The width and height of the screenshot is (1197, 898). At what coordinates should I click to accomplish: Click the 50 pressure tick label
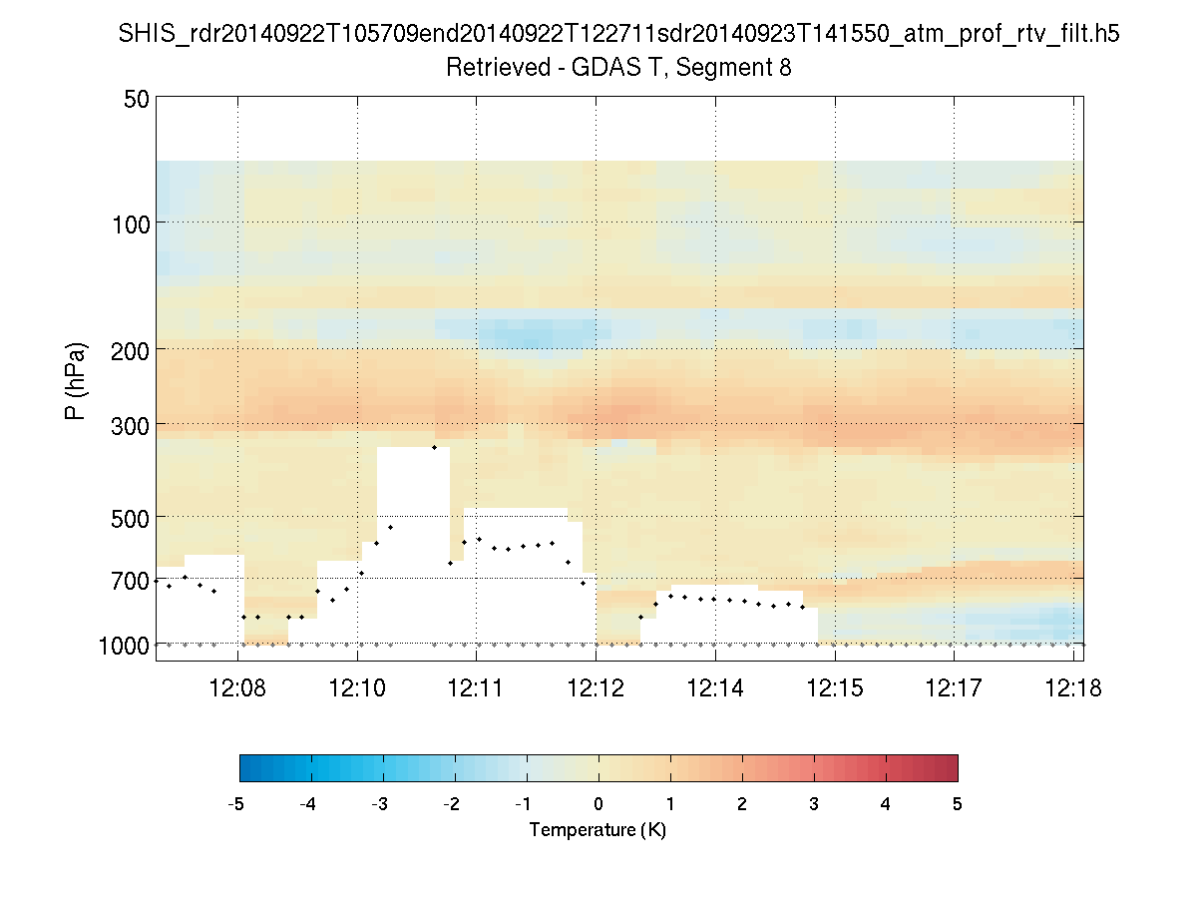137,99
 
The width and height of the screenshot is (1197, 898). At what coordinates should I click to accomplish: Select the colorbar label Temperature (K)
598,830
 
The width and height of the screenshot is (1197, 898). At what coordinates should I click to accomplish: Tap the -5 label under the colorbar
236,803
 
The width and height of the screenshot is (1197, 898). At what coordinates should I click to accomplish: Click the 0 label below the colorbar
598,803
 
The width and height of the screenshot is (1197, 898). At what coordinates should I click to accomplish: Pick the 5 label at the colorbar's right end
957,803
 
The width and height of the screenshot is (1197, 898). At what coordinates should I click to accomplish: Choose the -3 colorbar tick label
380,803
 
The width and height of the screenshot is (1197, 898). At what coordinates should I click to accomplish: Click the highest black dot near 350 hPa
434,447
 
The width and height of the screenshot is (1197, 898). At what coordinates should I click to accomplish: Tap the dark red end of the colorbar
948,767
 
